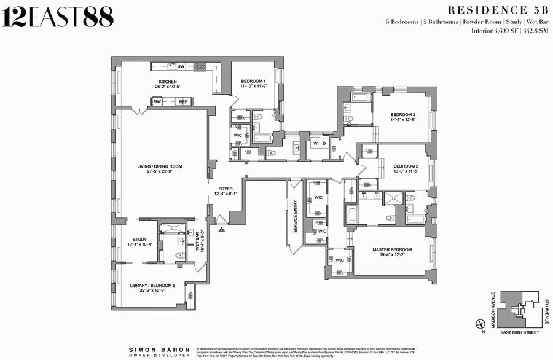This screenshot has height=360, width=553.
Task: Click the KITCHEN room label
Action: [168, 82]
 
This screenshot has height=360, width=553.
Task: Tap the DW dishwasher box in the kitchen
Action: [181, 66]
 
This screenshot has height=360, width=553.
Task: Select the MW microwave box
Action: [157, 101]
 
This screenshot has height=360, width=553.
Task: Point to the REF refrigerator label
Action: [183, 101]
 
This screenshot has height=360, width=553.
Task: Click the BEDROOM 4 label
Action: [253, 82]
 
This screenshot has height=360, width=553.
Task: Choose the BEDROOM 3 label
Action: [403, 115]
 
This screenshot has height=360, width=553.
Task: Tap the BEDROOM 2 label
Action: [406, 166]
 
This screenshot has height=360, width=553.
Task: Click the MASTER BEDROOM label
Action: [392, 249]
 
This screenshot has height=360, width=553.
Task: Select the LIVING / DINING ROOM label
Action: [159, 166]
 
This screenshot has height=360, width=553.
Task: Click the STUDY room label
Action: [139, 240]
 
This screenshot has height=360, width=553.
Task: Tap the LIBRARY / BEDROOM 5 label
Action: [152, 286]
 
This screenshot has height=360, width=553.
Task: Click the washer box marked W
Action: [315, 144]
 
